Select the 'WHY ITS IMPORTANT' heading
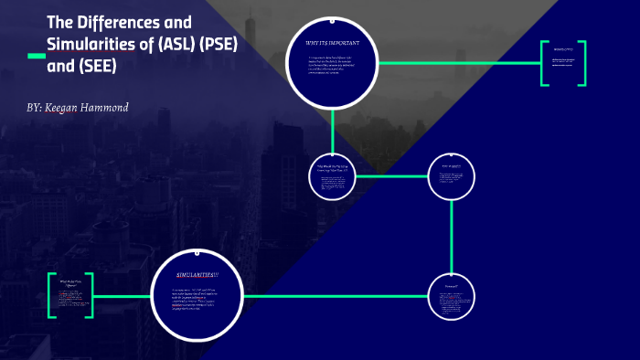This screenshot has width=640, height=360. [332, 43]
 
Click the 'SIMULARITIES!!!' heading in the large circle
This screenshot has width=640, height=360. [198, 275]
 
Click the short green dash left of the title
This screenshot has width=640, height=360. [37, 57]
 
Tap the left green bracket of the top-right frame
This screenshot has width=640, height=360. [542, 64]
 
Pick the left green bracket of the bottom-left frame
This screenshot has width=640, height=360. [51, 295]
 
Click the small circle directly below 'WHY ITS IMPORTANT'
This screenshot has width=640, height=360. [332, 175]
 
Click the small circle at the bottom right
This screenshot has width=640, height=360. [452, 297]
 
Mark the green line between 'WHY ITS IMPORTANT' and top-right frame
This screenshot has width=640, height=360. [457, 63]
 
